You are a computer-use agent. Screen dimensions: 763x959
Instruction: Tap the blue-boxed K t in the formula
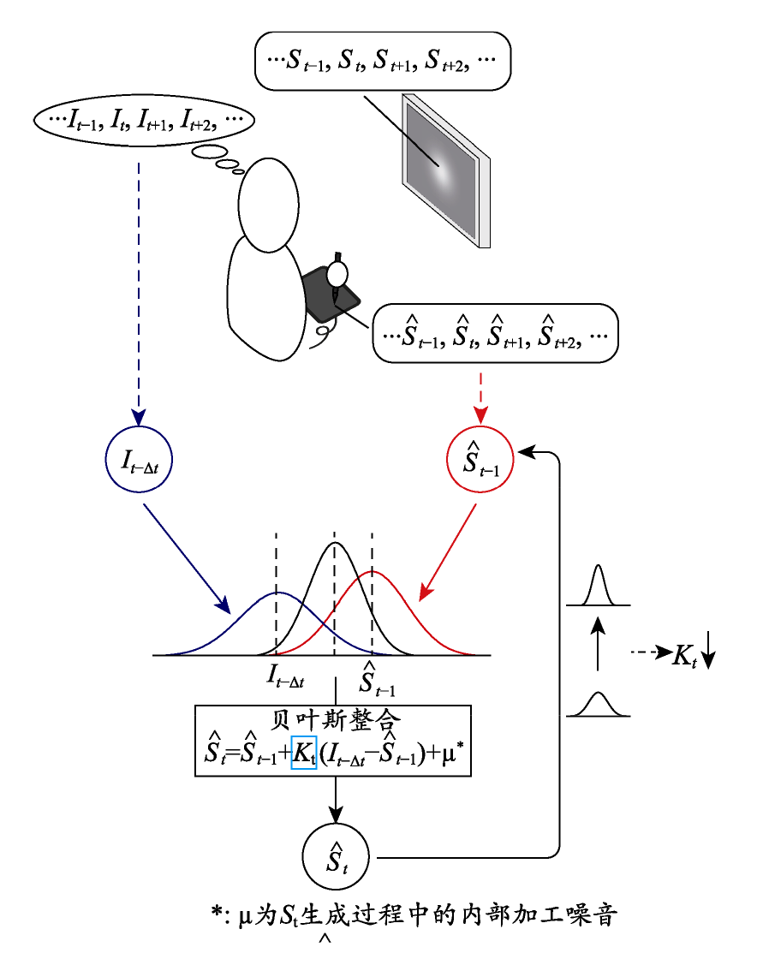(x=303, y=753)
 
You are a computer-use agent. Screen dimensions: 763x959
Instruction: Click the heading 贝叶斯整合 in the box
(x=336, y=720)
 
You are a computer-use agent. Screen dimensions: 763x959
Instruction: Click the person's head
(x=269, y=205)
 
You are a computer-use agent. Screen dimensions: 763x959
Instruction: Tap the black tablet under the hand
(x=331, y=295)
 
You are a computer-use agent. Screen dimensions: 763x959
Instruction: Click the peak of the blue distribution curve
(x=277, y=593)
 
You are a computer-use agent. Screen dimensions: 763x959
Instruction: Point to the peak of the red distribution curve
(x=372, y=571)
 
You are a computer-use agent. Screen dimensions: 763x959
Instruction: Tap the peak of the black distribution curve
(x=335, y=543)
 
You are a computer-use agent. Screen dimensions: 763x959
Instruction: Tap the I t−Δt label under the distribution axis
(x=286, y=676)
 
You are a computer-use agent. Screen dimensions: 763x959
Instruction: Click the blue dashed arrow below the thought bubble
(x=139, y=295)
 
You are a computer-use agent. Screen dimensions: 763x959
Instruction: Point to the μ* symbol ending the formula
(x=453, y=753)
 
